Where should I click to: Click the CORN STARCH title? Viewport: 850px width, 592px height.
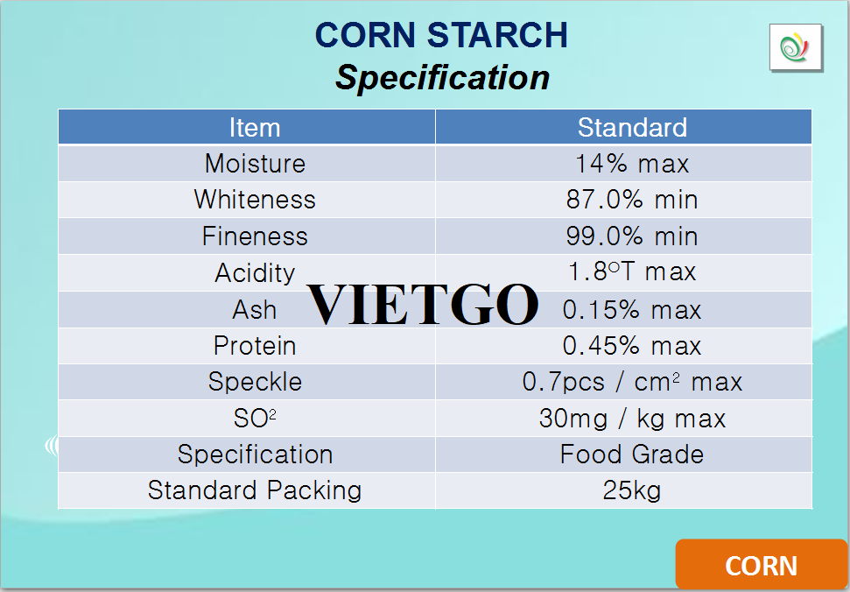441,35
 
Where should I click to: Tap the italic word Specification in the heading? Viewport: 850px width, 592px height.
442,77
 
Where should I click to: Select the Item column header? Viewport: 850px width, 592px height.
255,128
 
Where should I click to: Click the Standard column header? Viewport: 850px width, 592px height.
632,128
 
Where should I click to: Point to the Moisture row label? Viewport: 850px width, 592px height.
255,164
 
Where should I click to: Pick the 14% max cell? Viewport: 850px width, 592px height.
632,164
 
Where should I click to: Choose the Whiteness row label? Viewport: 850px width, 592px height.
255,200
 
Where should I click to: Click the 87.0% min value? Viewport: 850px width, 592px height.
632,200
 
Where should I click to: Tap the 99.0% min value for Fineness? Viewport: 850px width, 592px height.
632,236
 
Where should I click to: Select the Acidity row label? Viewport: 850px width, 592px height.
255,272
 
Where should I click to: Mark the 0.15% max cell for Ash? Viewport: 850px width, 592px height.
632,310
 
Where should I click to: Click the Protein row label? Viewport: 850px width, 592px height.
255,346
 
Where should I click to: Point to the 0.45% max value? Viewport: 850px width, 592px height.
632,346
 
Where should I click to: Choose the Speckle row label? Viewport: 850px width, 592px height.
255,382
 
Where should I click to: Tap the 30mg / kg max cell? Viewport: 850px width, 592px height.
632,419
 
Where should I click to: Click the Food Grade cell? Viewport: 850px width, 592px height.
632,455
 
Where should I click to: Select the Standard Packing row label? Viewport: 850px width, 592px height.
255,490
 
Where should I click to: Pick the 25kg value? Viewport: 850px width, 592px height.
632,490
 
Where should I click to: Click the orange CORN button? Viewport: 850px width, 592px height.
762,564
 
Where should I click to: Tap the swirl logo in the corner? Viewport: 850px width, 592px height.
795,47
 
